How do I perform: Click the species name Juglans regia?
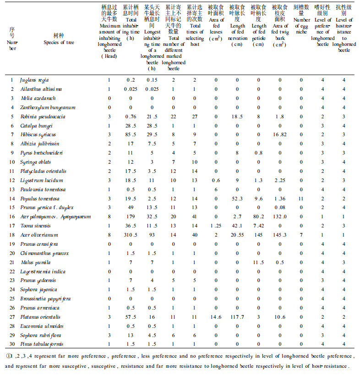pos(34,80)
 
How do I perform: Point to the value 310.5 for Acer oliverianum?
pos(131,235)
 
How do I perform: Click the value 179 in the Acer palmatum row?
pos(131,216)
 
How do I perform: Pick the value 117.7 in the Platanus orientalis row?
pos(237,317)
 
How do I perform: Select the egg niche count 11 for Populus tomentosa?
pos(301,199)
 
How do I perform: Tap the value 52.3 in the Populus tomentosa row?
pos(237,199)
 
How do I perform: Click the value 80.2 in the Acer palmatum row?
pos(259,216)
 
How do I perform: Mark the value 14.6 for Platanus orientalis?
pos(215,317)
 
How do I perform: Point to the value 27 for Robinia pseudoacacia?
pos(194,116)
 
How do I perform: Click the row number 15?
pos(12,208)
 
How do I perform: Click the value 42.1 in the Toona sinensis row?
pos(237,226)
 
